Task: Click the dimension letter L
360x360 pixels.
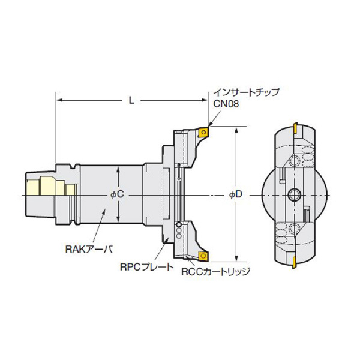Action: click(131, 100)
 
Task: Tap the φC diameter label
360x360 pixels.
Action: click(118, 194)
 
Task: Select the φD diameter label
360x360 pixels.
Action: click(236, 194)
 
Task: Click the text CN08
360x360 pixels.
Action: click(226, 104)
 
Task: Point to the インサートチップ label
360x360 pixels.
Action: click(247, 92)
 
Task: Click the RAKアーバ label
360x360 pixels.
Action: click(89, 250)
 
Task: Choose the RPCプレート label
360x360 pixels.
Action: click(147, 267)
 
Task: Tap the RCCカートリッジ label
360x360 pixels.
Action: click(215, 272)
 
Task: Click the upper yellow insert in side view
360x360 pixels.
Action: click(203, 133)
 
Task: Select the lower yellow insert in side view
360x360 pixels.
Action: click(203, 256)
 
